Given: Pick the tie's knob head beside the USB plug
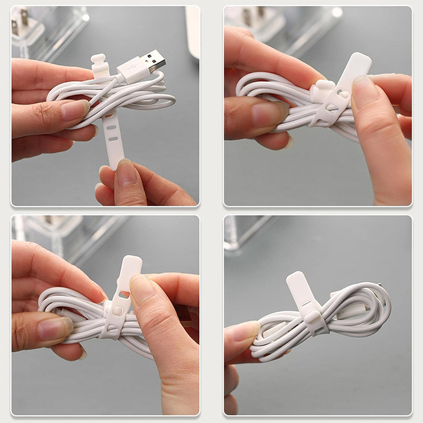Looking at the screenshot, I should tap(99, 64).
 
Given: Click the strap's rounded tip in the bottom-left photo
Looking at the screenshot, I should tap(132, 264).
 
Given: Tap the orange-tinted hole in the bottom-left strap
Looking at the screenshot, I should tap(123, 294).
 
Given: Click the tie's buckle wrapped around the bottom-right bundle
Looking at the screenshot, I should tap(315, 320).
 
